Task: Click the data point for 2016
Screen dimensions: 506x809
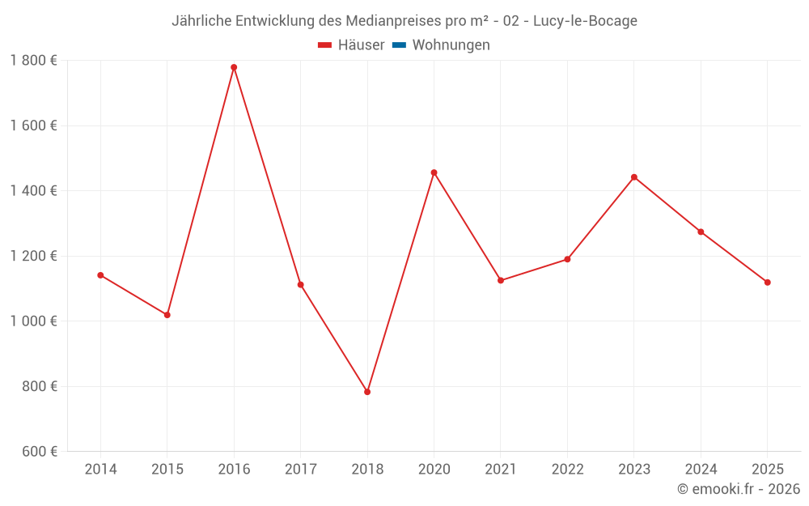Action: point(234,67)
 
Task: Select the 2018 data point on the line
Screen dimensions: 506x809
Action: point(367,392)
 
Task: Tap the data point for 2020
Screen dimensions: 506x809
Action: point(434,172)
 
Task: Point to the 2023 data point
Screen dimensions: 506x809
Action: point(634,177)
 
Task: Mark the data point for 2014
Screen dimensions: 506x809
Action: point(100,275)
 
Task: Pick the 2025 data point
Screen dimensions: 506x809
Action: point(768,283)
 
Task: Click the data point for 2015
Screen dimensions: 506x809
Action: point(167,315)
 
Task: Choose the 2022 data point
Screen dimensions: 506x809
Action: point(567,259)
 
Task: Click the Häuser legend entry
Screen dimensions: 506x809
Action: point(351,45)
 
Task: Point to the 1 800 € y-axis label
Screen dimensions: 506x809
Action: point(33,61)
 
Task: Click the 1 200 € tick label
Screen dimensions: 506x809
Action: point(33,256)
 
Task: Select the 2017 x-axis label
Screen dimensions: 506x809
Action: point(300,470)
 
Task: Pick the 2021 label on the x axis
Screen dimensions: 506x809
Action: point(501,470)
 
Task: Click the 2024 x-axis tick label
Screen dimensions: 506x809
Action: point(701,470)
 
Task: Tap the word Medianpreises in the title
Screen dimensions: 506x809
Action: point(394,21)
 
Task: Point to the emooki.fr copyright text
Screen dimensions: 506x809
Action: point(739,489)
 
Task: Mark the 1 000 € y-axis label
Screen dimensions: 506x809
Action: point(33,321)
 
